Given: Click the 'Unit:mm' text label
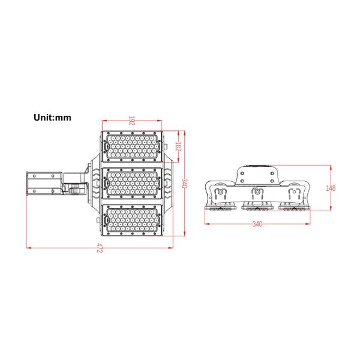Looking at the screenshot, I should [x=52, y=118].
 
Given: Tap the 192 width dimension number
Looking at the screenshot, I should [x=132, y=121].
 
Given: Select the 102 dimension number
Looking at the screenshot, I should [x=178, y=146].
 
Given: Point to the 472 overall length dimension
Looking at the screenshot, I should [x=101, y=250].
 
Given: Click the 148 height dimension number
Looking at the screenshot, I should [x=331, y=188].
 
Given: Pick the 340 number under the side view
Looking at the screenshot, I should [x=257, y=224].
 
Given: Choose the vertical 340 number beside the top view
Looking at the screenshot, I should [x=184, y=184].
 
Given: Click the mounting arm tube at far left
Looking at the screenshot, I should [x=42, y=184].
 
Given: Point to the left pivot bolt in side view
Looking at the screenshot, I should [x=220, y=193].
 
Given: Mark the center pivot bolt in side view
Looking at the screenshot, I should [x=257, y=193].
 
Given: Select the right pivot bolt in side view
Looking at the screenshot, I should [x=295, y=193].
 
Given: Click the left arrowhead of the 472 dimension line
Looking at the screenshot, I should [x=28, y=246].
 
